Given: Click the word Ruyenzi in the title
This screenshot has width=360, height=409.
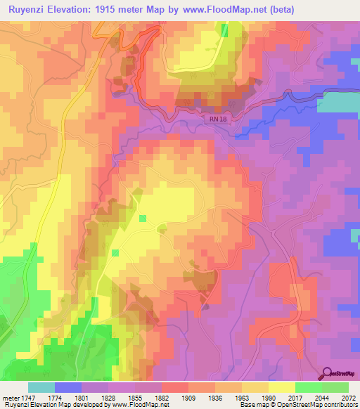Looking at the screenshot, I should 31,9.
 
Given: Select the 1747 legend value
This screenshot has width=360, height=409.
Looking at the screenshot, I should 27,398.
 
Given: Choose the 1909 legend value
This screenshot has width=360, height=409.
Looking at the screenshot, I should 188,398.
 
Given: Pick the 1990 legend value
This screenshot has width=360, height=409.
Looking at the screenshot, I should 268,398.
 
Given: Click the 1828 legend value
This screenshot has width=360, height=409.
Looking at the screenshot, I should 108,398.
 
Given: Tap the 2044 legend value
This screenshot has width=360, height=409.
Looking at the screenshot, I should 321,398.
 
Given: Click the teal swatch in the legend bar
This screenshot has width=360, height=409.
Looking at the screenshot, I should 41,387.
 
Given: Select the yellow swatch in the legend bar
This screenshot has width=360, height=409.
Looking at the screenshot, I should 281,387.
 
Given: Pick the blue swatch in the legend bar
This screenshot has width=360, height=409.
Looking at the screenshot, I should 67,387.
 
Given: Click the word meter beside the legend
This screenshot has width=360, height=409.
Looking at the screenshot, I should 10,398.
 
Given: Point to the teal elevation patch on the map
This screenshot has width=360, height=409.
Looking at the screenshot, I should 341,103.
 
